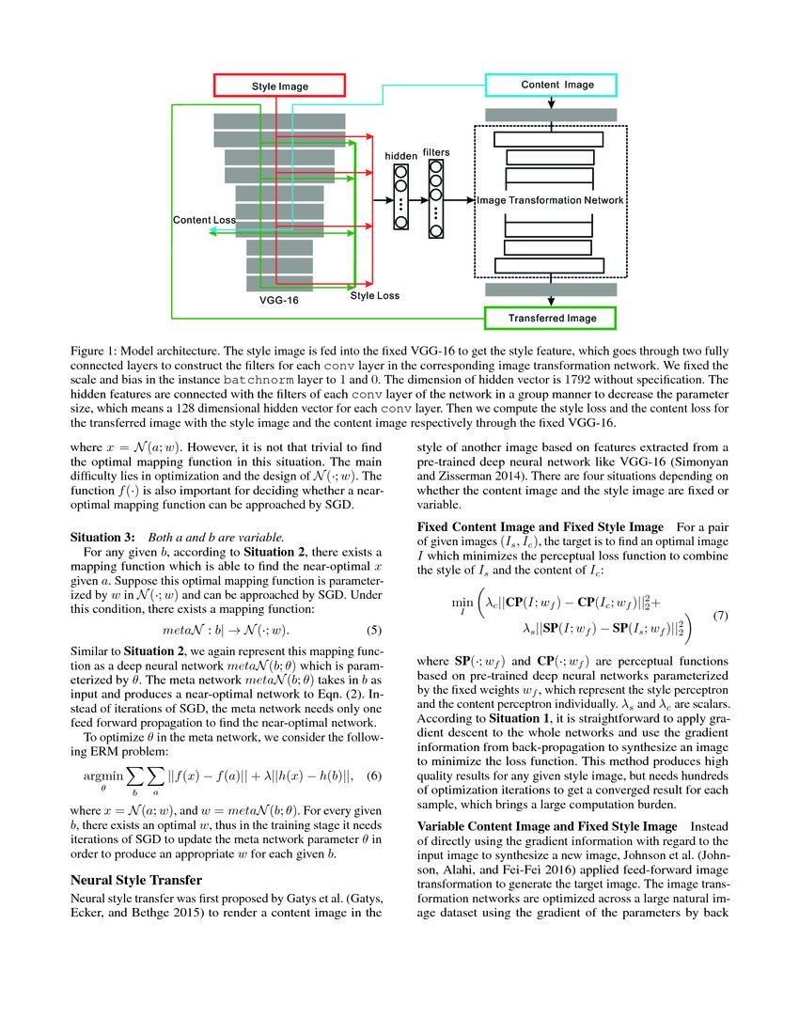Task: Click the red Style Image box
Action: [280, 86]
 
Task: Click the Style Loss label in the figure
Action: [374, 296]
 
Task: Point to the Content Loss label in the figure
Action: [204, 220]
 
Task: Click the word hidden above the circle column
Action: [401, 155]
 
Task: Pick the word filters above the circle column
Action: [436, 151]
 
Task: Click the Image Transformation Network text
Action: [550, 201]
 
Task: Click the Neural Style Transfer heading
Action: [137, 881]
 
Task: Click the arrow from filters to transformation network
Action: [461, 200]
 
